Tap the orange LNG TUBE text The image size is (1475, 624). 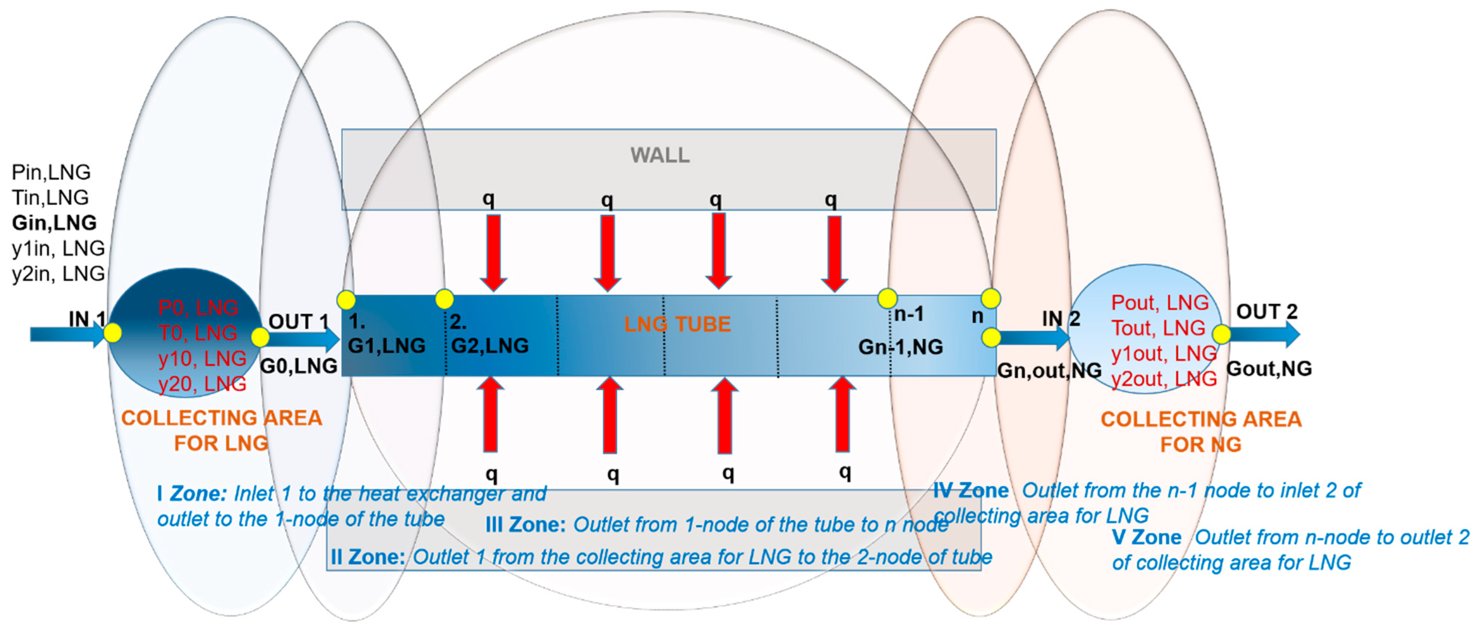tap(677, 324)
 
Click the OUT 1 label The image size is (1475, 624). tap(298, 322)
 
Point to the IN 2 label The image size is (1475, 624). tap(1060, 318)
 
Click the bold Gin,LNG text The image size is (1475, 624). tap(54, 223)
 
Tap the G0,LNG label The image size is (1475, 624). tap(298, 366)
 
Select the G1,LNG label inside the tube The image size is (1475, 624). tap(386, 346)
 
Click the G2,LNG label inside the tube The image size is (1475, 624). tap(490, 346)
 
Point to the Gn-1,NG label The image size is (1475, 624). tap(900, 347)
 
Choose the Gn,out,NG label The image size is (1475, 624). tap(1049, 371)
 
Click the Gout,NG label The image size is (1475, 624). tap(1269, 369)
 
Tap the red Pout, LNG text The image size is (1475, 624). tap(1159, 303)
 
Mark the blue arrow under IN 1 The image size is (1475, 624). tap(66, 334)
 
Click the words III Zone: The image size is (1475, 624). tap(525, 525)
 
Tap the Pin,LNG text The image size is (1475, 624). tap(51, 172)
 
